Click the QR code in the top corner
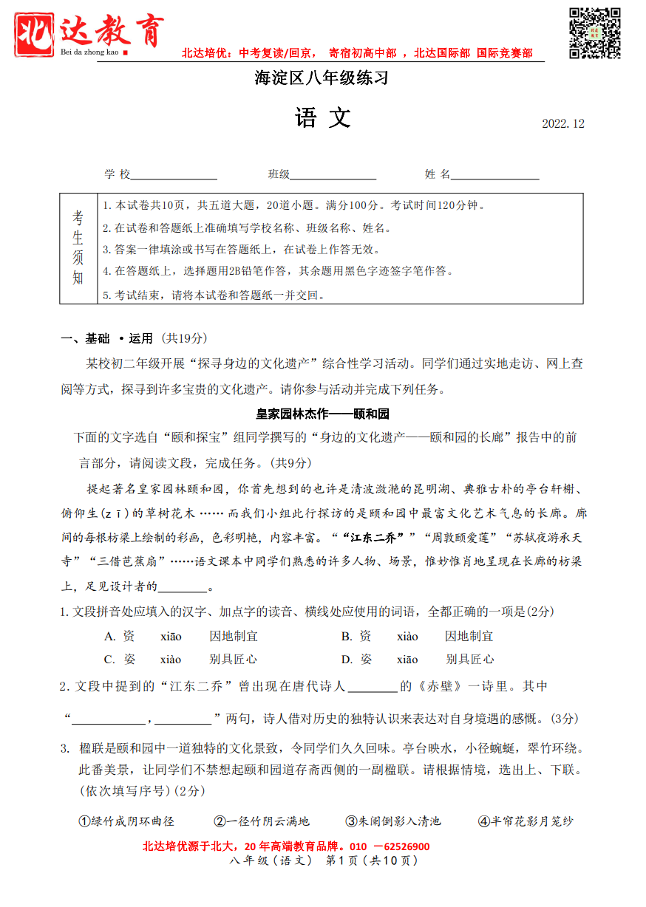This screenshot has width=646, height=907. pyautogui.click(x=594, y=33)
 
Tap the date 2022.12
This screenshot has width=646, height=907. pyautogui.click(x=563, y=124)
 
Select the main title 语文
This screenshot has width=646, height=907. pyautogui.click(x=323, y=118)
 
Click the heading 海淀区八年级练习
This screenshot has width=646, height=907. pyautogui.click(x=322, y=78)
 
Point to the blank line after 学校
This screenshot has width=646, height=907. pyautogui.click(x=174, y=175)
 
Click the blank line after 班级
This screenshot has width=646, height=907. pyautogui.click(x=333, y=175)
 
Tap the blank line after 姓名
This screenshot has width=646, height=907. pyautogui.click(x=494, y=175)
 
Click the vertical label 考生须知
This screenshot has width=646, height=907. pyautogui.click(x=78, y=247)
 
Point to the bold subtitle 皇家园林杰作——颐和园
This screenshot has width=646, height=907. pyautogui.click(x=322, y=413)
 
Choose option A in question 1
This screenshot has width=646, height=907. pyautogui.click(x=181, y=636)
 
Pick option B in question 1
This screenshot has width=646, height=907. pyautogui.click(x=417, y=636)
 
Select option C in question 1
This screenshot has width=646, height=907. pyautogui.click(x=181, y=659)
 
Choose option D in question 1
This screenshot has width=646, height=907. pyautogui.click(x=417, y=659)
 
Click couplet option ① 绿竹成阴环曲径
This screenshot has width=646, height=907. pyautogui.click(x=126, y=821)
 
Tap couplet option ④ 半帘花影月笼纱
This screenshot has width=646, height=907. pyautogui.click(x=526, y=821)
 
